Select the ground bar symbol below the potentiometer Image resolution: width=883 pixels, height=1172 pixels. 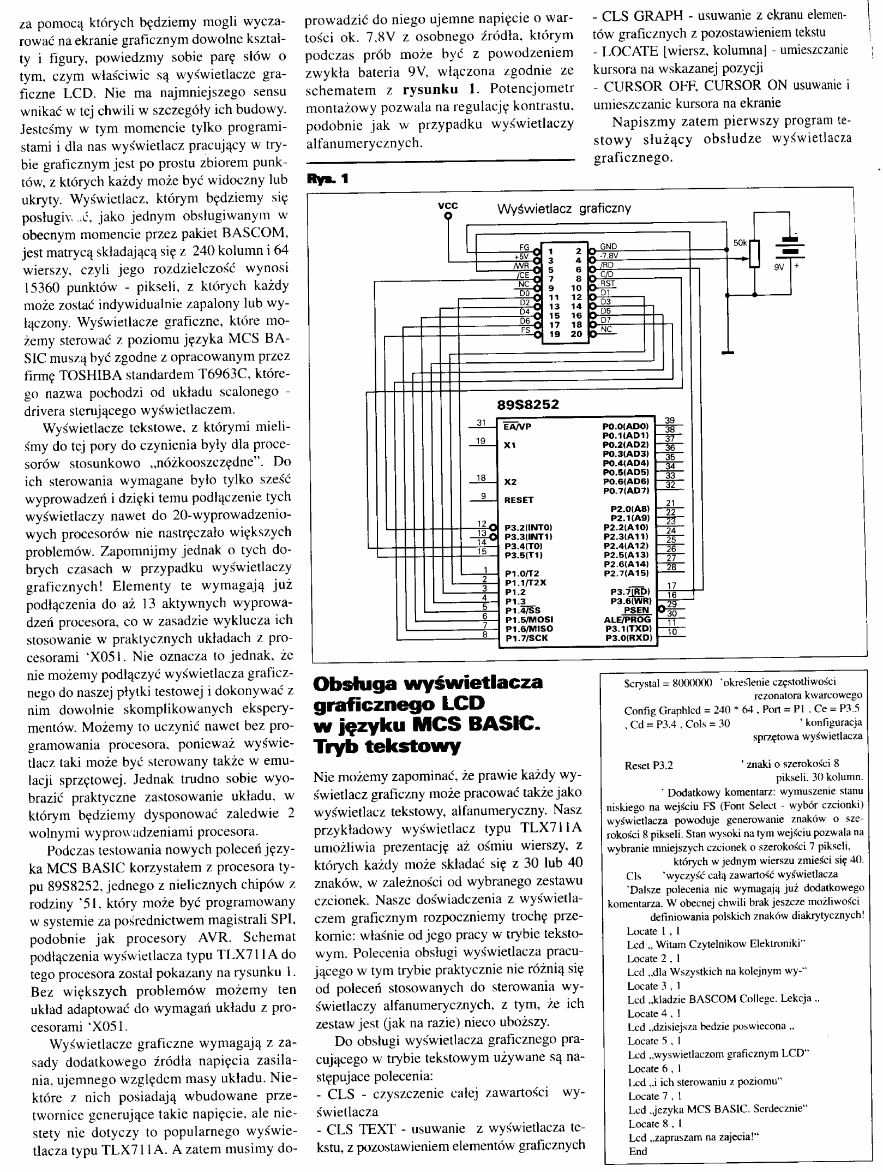point(727,353)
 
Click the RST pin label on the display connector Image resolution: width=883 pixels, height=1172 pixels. point(607,284)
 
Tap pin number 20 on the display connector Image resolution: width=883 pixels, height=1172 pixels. point(576,334)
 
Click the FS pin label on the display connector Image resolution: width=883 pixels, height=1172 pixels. point(526,330)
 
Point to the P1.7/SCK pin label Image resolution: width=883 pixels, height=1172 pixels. point(526,638)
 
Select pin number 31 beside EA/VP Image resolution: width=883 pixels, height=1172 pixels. point(480,422)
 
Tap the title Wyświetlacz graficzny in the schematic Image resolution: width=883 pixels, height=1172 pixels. point(563,208)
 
